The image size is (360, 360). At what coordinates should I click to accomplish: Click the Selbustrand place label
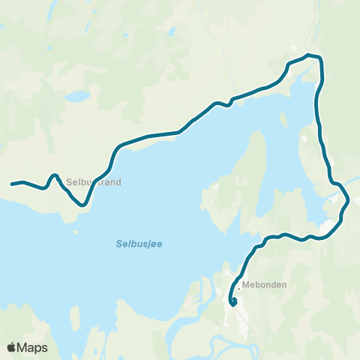[94, 181]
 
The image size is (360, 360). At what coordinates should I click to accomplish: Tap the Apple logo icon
[11, 347]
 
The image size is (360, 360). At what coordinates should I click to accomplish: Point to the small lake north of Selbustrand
[76, 97]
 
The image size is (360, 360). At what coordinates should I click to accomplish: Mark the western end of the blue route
[12, 183]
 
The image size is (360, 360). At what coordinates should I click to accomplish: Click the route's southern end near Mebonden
[233, 303]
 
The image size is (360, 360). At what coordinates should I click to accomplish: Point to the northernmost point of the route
[310, 55]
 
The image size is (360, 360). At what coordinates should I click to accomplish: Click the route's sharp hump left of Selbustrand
[55, 175]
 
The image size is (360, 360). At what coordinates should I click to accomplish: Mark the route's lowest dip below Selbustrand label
[84, 203]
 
